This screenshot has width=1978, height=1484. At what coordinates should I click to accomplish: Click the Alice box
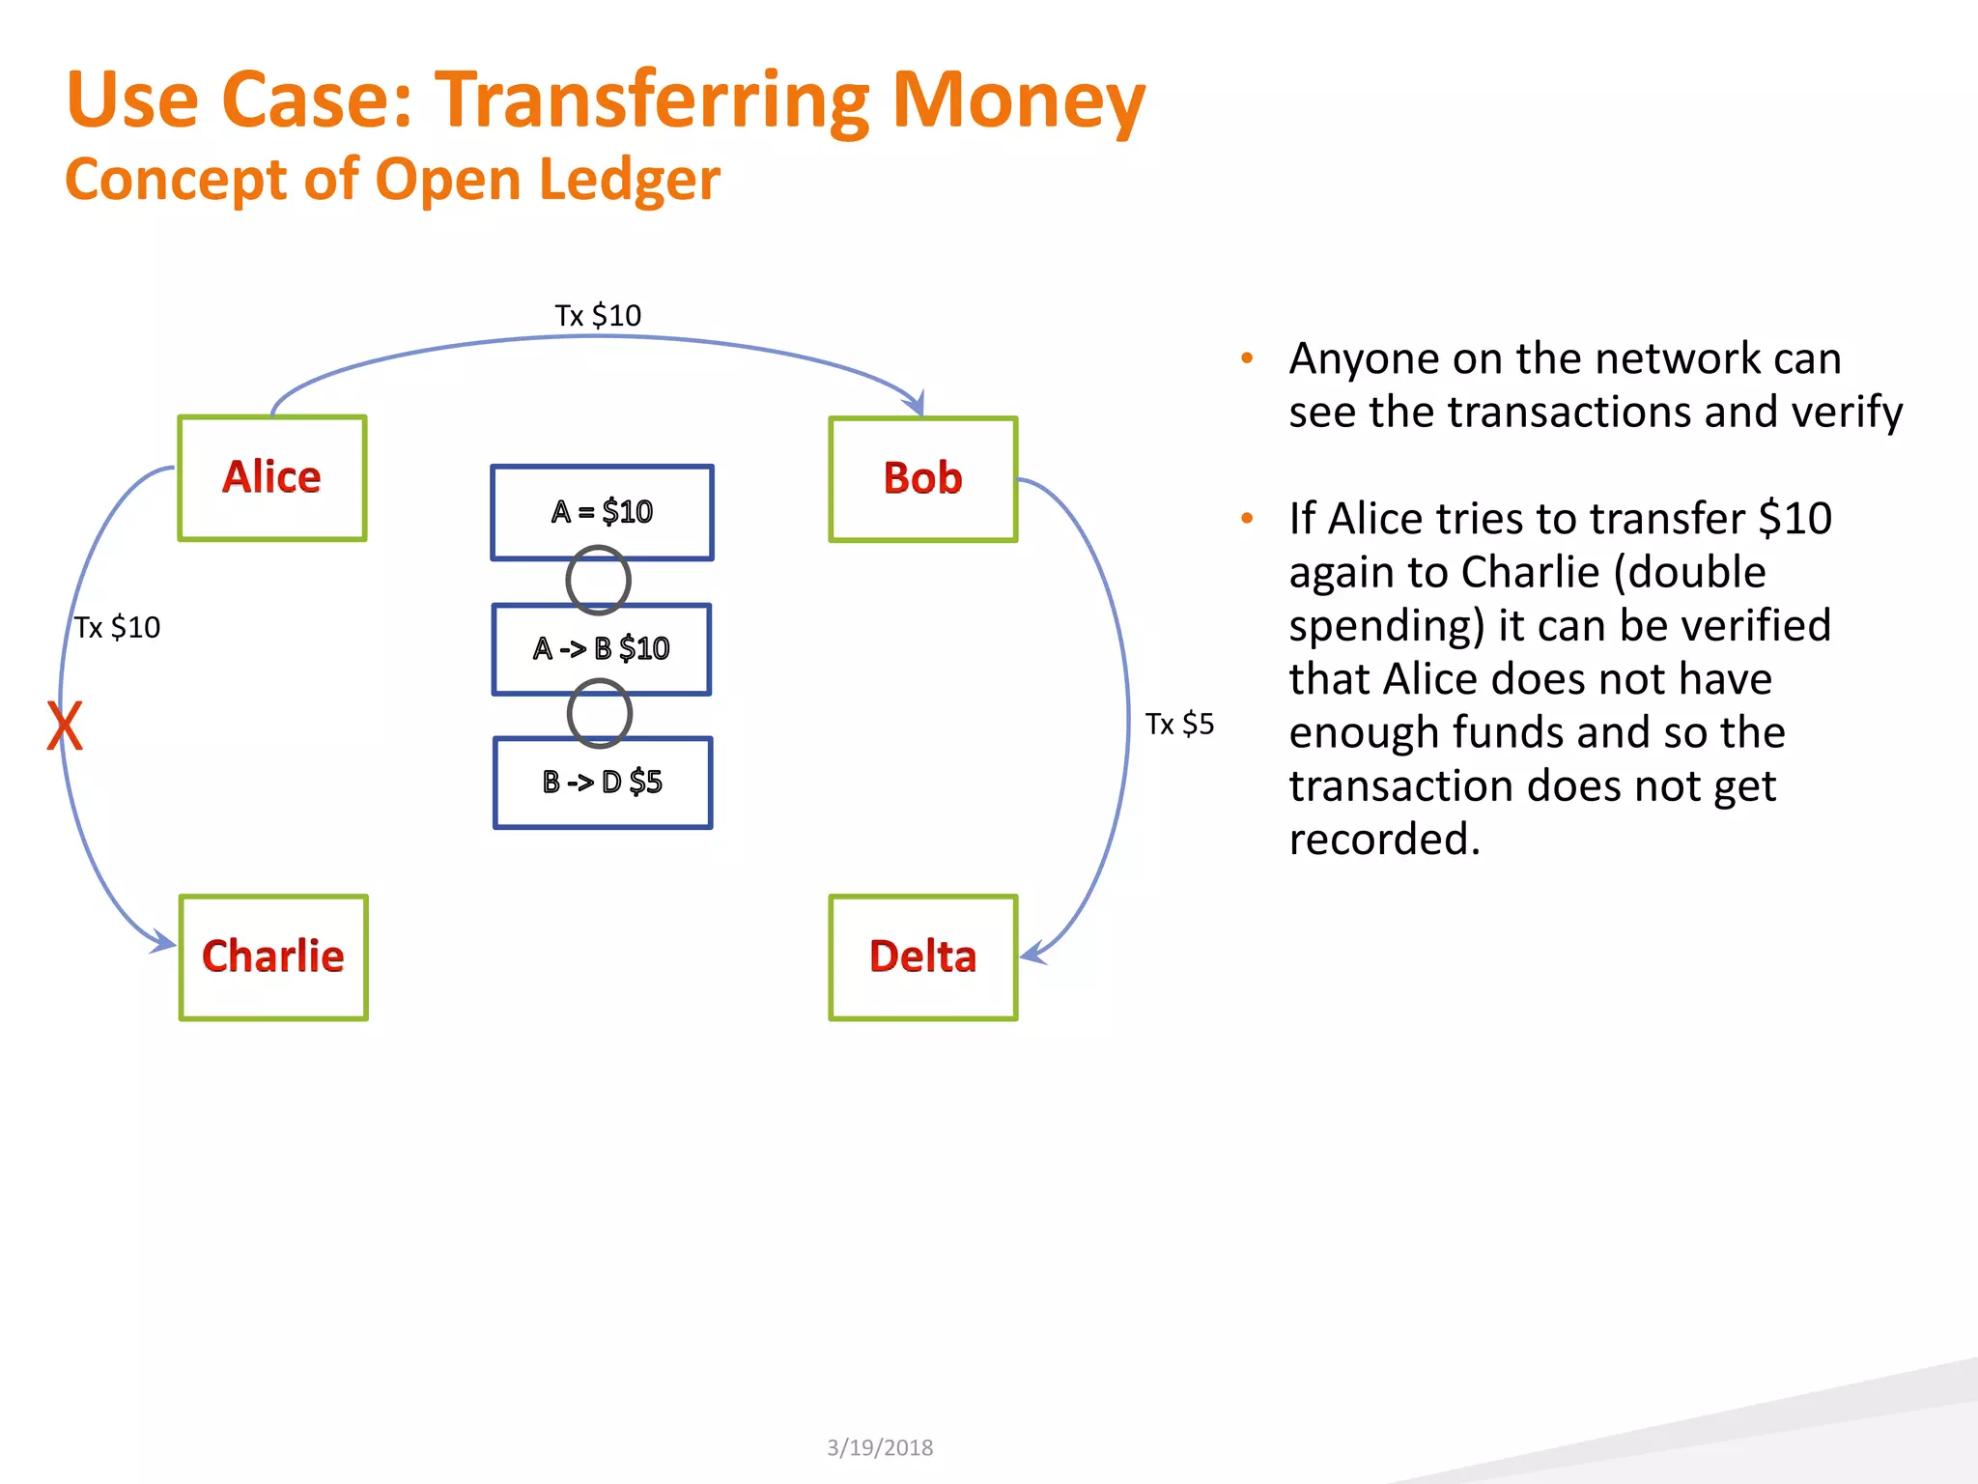272,478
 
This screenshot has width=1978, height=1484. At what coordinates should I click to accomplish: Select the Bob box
922,479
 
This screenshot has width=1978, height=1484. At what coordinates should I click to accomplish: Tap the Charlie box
273,956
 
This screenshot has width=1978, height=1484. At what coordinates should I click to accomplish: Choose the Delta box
922,956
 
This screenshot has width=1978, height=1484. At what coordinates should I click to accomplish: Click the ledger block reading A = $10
602,511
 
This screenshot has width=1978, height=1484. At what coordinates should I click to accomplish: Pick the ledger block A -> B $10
601,648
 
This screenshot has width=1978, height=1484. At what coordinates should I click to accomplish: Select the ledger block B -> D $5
602,782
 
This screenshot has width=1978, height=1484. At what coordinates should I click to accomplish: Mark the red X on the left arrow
65,727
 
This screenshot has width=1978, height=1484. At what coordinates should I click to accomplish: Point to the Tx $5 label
1179,724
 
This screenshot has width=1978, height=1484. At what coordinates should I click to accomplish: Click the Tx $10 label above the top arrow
598,315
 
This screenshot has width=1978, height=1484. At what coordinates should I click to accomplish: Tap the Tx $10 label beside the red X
118,627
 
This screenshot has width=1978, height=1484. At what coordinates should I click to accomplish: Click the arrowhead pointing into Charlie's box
163,941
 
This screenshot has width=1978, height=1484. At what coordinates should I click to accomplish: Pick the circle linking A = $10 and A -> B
598,581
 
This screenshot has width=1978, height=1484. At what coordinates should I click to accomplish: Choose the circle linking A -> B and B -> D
599,713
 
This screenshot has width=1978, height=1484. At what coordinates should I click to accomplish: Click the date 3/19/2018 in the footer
880,1447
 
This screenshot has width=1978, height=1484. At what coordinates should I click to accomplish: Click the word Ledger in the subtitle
629,180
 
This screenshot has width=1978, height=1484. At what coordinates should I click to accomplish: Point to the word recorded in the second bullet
1383,839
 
